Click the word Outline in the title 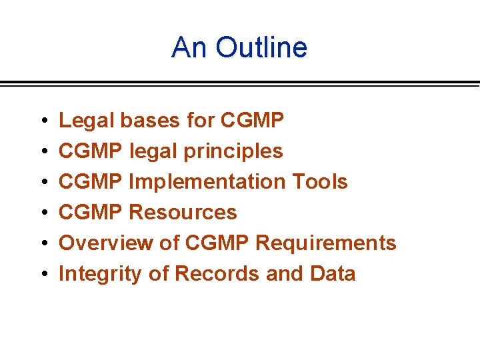coord(261,48)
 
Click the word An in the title coord(189,48)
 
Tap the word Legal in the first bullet coord(86,121)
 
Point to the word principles coord(233,152)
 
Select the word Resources coord(182,213)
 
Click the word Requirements coord(325,243)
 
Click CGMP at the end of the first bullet coord(252,121)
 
